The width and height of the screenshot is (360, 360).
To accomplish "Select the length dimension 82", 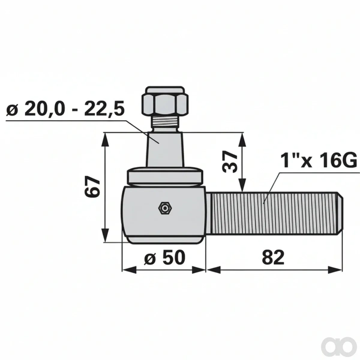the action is click(273, 258).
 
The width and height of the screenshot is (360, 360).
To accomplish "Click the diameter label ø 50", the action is click(165, 258).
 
